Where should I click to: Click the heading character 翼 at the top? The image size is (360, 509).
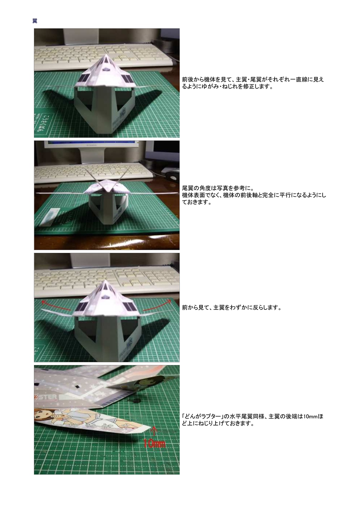[x=34, y=21]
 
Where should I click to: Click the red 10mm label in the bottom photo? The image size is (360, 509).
[x=154, y=443]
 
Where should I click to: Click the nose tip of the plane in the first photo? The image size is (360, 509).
[x=106, y=55]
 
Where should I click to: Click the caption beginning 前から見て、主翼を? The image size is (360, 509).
[x=232, y=308]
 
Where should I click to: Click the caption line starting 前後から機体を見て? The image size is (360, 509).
[x=253, y=79]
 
